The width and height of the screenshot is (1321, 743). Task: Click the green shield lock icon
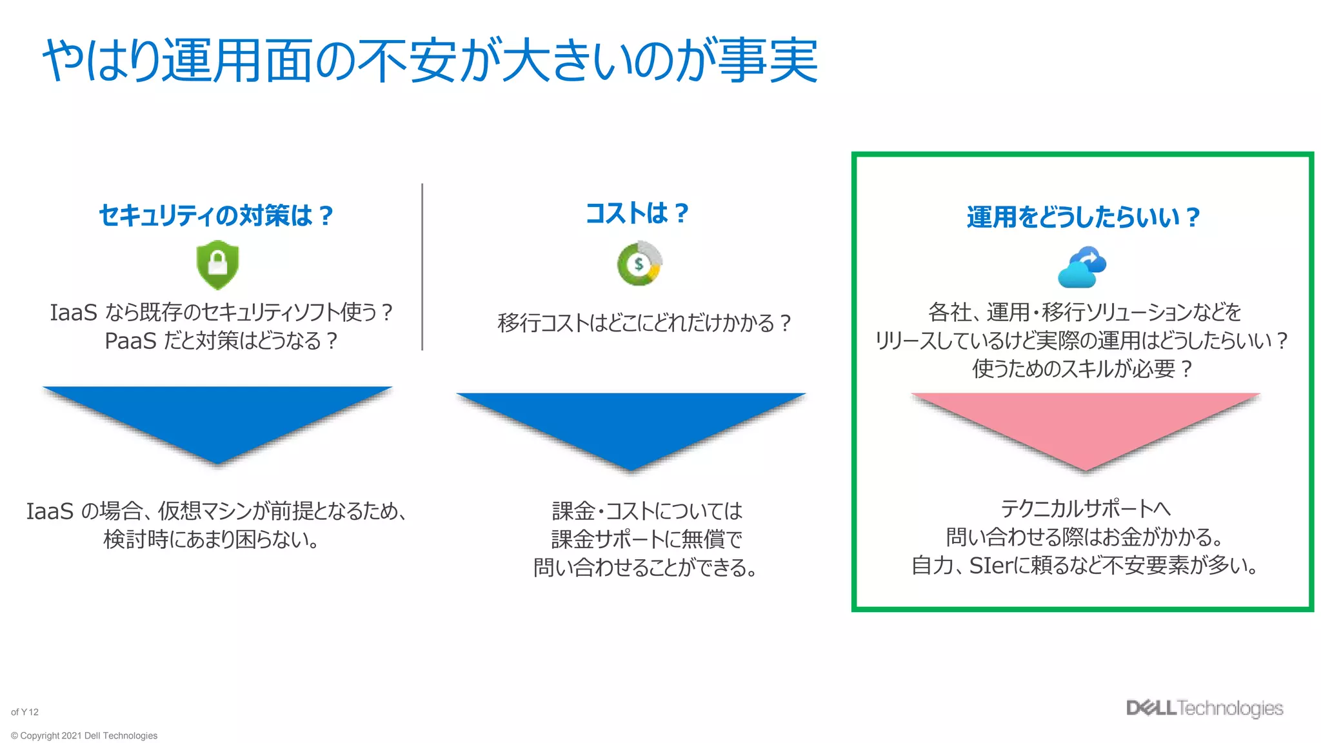tap(217, 264)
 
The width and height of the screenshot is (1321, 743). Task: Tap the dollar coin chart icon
tap(639, 263)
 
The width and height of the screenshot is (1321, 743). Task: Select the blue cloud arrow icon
tap(1082, 267)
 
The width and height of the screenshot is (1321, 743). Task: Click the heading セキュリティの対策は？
tap(216, 215)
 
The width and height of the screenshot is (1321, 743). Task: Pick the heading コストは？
tap(637, 213)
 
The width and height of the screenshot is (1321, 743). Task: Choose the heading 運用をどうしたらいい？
tap(1083, 217)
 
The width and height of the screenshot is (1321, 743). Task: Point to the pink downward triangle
tap(1085, 423)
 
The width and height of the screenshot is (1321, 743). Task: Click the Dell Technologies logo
tap(1204, 708)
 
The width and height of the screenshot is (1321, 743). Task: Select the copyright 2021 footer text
tap(84, 736)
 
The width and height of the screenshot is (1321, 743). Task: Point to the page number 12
tap(34, 712)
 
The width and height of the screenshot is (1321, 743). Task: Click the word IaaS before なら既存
tap(74, 313)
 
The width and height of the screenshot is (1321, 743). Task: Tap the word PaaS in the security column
tap(130, 341)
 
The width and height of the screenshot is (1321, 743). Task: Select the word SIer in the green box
tap(991, 566)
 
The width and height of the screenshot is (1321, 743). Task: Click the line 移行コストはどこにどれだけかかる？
tap(644, 323)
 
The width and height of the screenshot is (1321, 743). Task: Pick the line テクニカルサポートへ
tap(1085, 509)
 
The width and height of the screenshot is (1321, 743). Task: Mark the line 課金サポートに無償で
tap(646, 539)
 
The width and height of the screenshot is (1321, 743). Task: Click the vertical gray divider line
tap(422, 266)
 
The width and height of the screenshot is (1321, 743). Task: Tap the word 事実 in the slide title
tap(768, 61)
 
